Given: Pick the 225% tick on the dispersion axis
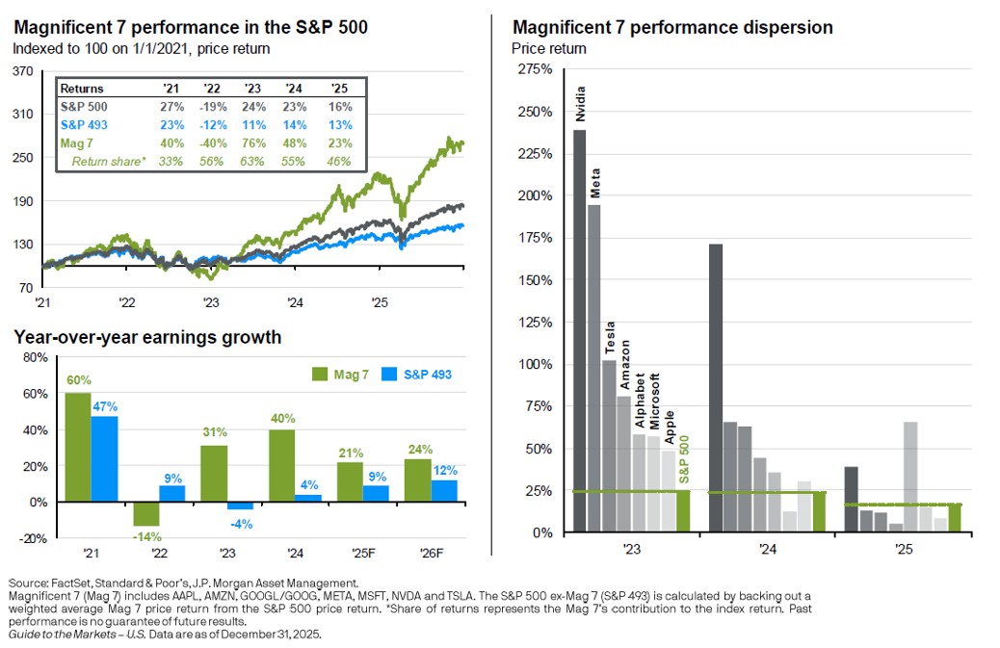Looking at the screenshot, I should [x=537, y=154].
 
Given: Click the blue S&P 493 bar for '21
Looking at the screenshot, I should [x=104, y=458].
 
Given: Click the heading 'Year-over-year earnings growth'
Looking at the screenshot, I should [x=147, y=337].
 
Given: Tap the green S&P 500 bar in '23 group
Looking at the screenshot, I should [x=683, y=510].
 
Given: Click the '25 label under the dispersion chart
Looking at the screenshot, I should [x=903, y=551].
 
